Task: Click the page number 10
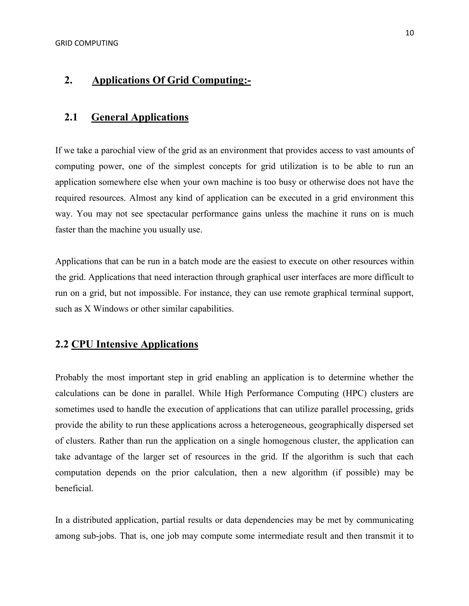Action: tap(409, 33)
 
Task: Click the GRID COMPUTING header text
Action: tap(87, 43)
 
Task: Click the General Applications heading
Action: tap(140, 117)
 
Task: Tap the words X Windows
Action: tap(106, 309)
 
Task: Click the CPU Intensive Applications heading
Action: tap(134, 344)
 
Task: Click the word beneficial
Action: tap(74, 488)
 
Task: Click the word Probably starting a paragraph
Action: tap(71, 378)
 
